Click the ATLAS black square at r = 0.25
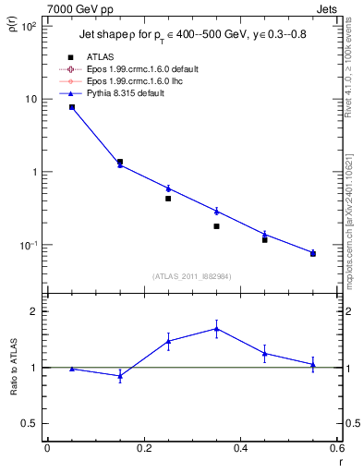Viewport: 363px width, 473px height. coord(168,199)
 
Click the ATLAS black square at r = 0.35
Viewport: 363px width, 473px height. coord(216,226)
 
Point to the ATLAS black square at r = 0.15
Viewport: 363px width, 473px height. coord(120,162)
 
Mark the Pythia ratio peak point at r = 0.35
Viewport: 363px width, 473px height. coord(216,328)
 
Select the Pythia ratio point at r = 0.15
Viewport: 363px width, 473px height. coord(120,375)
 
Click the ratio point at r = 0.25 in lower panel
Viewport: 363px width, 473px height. coord(168,341)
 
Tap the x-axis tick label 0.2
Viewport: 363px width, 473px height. coord(143,448)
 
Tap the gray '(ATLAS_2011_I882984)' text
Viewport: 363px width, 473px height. coord(192,276)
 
